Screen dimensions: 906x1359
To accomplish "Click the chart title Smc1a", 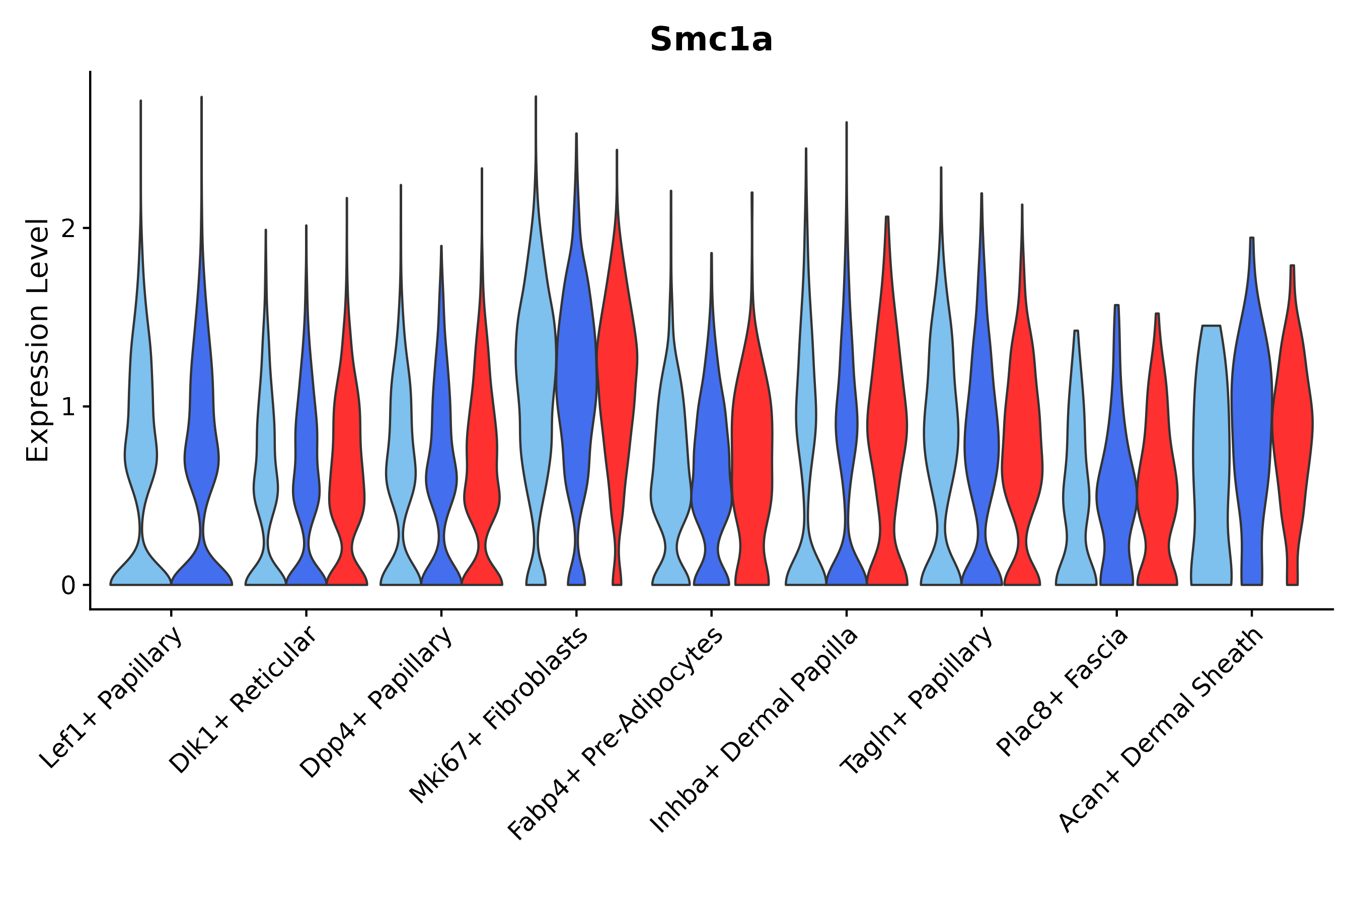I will [x=711, y=40].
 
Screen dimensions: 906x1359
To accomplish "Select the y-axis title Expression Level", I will [x=38, y=340].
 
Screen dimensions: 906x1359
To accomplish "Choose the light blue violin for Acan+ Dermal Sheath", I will [x=1211, y=462].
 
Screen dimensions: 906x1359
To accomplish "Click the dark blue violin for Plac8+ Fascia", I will [x=1116, y=491].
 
